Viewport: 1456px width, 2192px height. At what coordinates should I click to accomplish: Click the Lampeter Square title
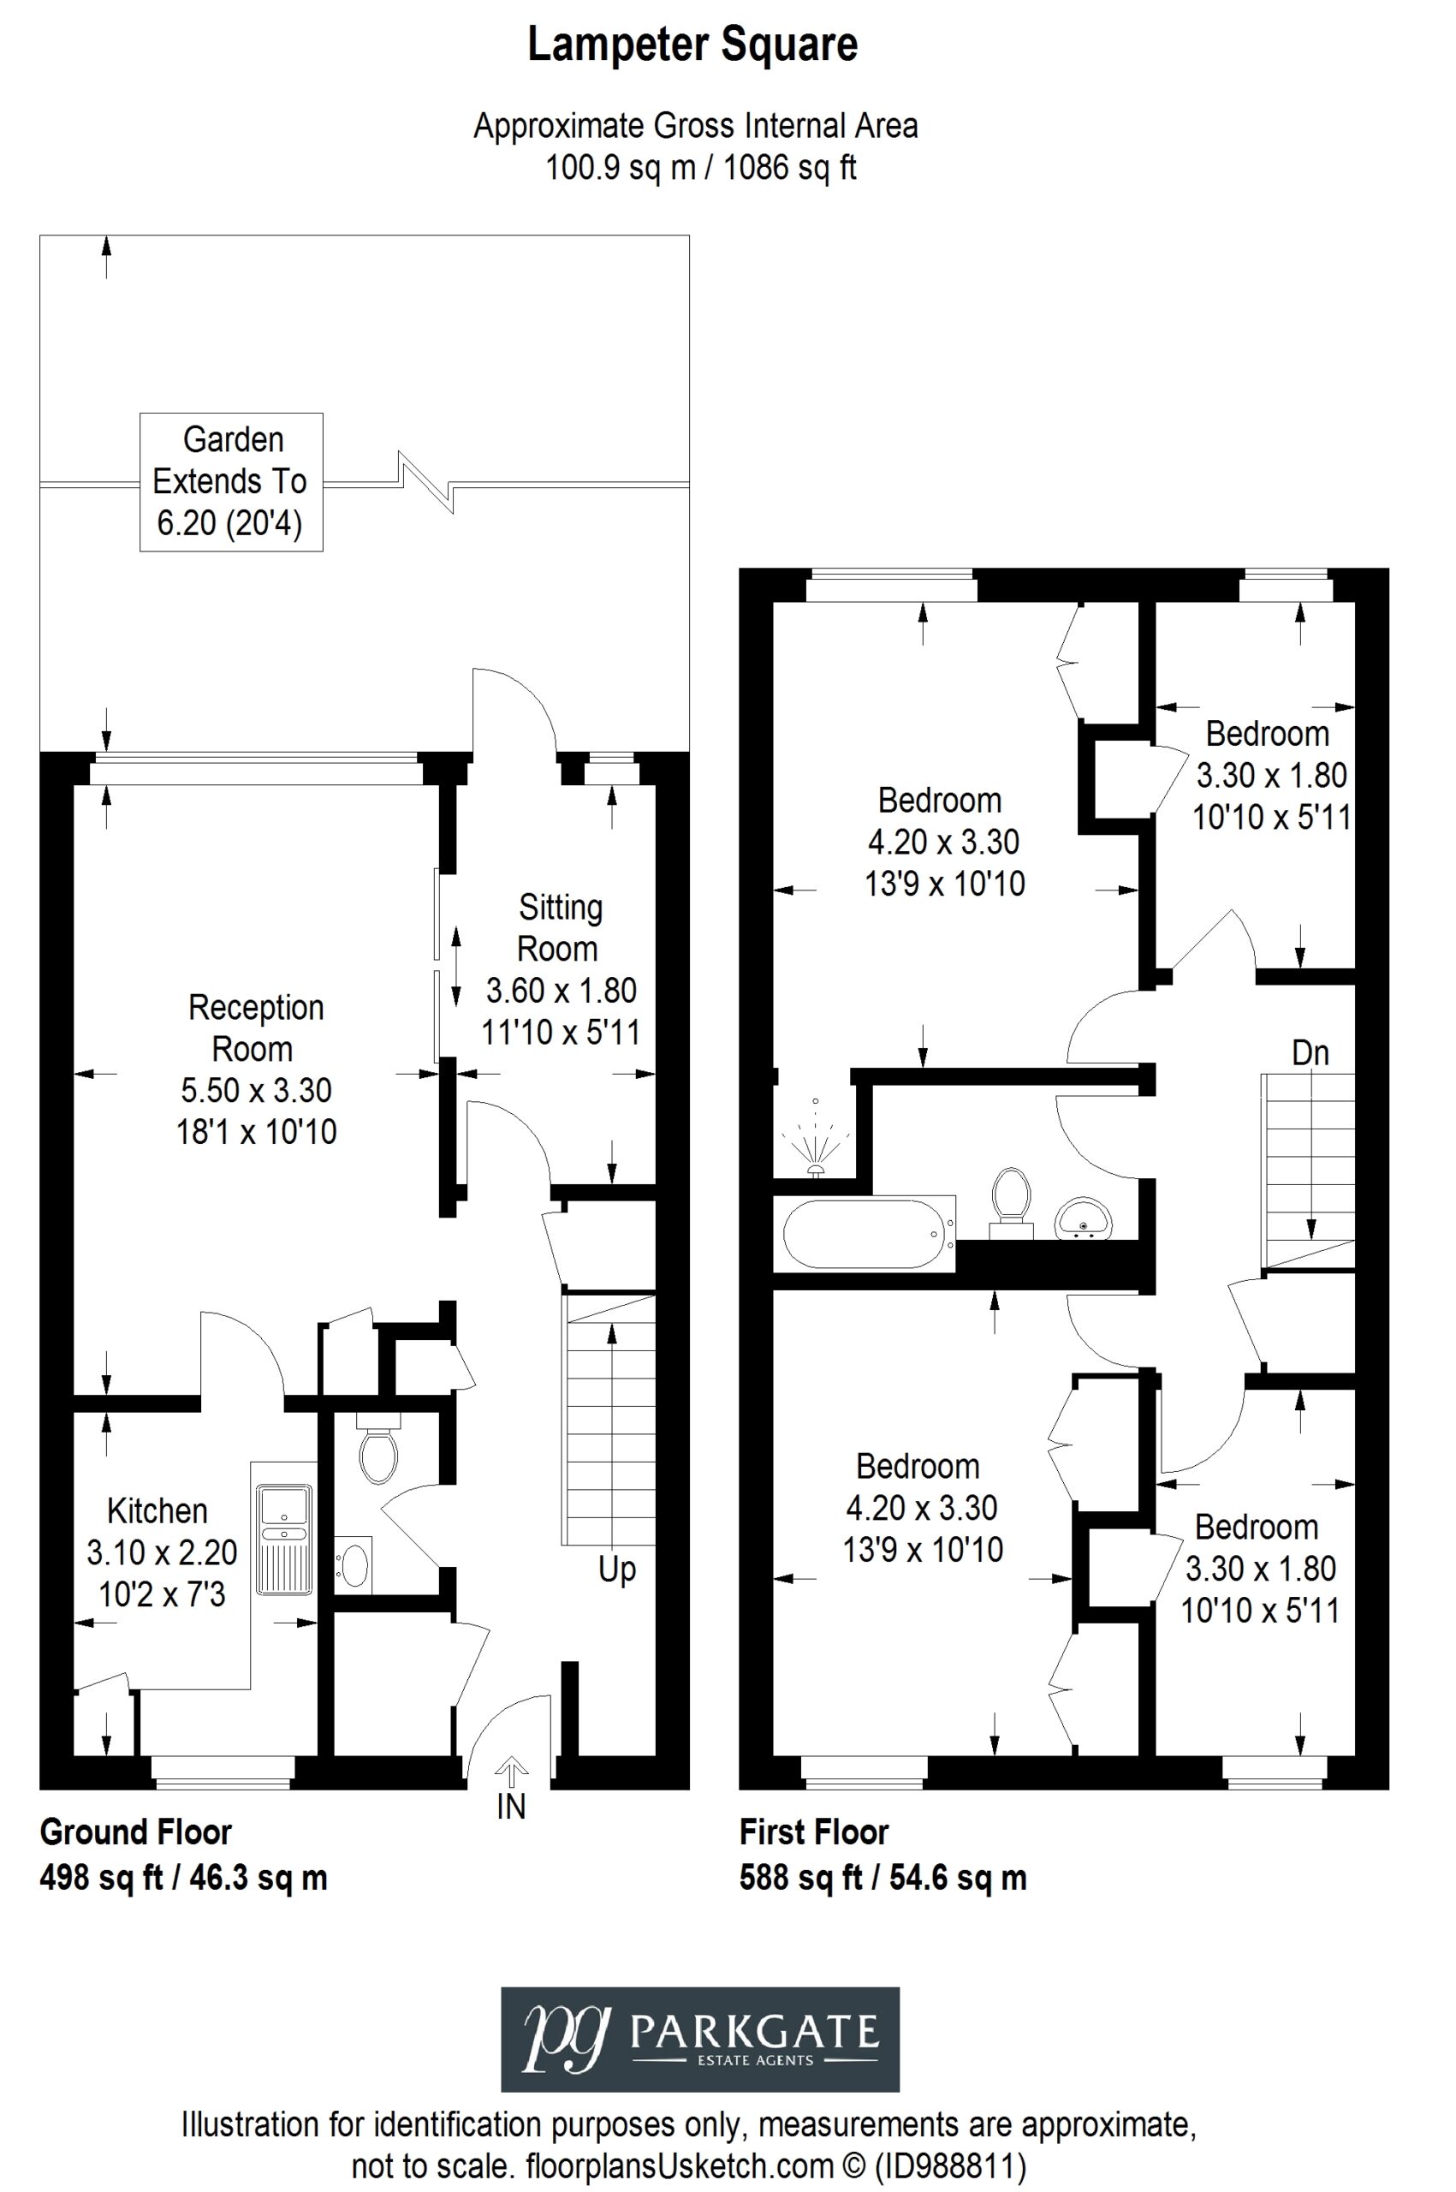(692, 45)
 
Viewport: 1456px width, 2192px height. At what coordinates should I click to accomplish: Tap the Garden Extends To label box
(231, 482)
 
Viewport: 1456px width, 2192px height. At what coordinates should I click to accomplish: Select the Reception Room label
(255, 1028)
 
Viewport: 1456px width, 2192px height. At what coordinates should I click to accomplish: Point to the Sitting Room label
(560, 928)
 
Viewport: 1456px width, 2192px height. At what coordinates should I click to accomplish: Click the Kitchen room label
(157, 1511)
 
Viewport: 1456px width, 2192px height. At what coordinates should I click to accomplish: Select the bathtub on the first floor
(869, 1232)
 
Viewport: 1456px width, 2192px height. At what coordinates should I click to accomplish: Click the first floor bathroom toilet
(1011, 1203)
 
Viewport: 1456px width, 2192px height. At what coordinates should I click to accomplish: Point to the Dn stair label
(1310, 1053)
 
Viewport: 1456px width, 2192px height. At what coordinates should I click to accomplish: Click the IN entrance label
(512, 1807)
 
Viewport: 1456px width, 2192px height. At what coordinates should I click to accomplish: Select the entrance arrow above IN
(512, 1771)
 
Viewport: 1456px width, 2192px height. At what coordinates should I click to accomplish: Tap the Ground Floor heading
(135, 1832)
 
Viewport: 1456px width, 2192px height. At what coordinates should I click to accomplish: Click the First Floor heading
(814, 1832)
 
